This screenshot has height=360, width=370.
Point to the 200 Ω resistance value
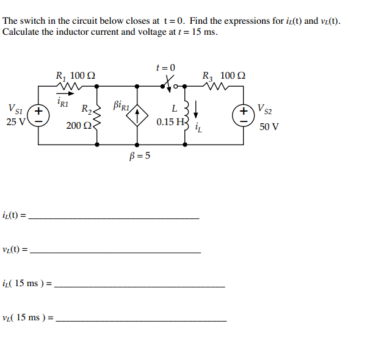click(78, 126)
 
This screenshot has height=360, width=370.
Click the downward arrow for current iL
click(196, 111)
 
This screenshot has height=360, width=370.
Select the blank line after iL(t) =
click(114, 218)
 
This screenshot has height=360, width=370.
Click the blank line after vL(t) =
click(115, 252)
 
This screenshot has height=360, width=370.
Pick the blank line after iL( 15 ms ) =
click(140, 286)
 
